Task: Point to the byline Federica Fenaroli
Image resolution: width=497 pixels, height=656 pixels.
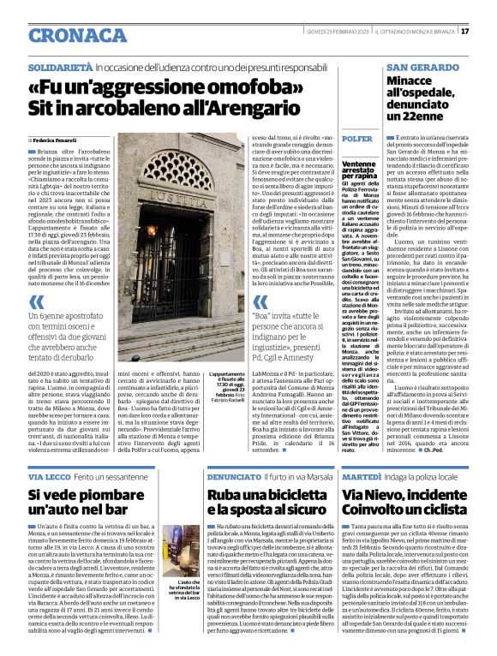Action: (x=55, y=139)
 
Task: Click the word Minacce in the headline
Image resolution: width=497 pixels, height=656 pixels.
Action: (x=413, y=81)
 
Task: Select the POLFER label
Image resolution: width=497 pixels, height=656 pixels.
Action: (x=356, y=139)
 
